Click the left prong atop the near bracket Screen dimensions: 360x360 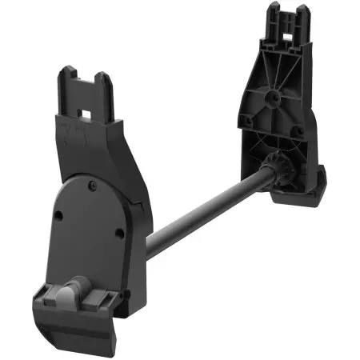(66, 80)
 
